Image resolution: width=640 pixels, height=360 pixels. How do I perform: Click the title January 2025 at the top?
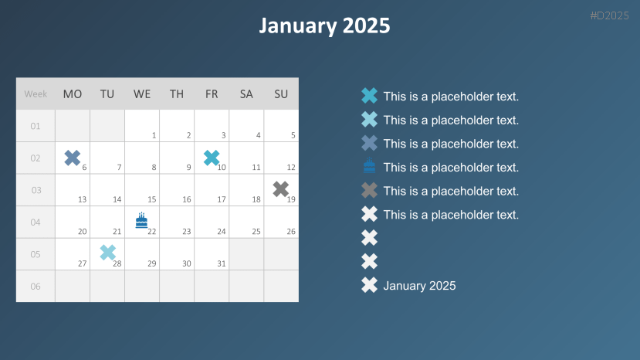click(324, 25)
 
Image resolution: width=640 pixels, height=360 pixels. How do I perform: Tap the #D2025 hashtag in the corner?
click(609, 15)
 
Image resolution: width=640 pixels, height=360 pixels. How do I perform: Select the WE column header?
click(142, 94)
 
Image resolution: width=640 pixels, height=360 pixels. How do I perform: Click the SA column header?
click(246, 94)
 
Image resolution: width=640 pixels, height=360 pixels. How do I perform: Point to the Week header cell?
click(36, 94)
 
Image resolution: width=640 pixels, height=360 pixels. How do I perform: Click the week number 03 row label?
click(36, 190)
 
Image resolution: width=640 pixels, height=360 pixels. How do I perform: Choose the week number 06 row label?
click(36, 286)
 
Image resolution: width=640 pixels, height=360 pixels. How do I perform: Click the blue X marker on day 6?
click(73, 158)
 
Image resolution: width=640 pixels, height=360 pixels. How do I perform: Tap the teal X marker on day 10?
click(212, 158)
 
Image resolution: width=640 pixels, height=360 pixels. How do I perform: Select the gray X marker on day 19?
click(281, 189)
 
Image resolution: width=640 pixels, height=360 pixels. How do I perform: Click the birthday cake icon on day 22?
click(141, 220)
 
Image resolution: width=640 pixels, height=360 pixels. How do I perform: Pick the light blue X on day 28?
click(108, 253)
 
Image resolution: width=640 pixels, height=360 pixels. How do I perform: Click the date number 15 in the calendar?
click(152, 199)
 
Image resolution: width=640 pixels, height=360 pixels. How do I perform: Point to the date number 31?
click(222, 263)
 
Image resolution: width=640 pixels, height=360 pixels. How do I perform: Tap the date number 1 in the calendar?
click(154, 135)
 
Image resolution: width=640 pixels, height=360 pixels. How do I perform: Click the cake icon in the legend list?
click(369, 165)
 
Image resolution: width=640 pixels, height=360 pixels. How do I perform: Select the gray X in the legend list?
click(369, 190)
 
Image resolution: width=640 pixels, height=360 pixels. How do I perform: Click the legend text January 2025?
click(419, 286)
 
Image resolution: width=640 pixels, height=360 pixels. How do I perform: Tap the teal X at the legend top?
click(369, 96)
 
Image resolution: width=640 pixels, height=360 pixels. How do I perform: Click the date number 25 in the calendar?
click(256, 232)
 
